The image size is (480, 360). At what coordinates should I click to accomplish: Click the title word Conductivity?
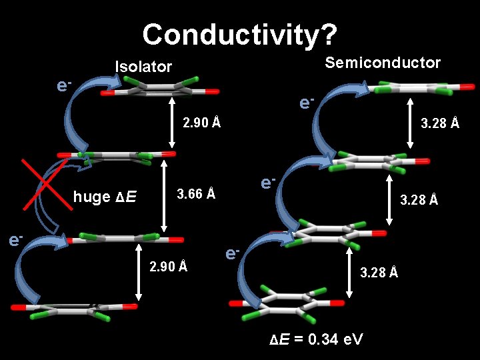[240, 33]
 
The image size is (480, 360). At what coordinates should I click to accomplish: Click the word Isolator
[143, 67]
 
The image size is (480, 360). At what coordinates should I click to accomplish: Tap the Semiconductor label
[382, 63]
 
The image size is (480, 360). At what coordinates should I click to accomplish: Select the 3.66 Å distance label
[195, 194]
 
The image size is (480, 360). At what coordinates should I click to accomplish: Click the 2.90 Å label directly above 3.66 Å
[202, 123]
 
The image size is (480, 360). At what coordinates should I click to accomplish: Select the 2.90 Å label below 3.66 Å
[169, 267]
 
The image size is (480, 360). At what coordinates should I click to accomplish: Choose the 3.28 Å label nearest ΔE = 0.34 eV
[379, 271]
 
